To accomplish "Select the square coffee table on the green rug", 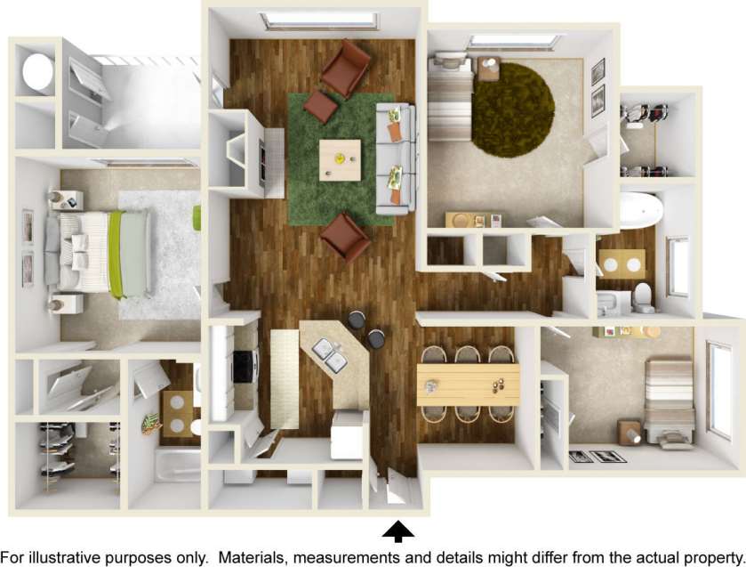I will [x=341, y=160].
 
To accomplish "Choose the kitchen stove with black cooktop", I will [x=242, y=365].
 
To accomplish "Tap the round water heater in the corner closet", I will [x=37, y=72].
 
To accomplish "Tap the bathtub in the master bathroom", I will [x=179, y=464].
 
